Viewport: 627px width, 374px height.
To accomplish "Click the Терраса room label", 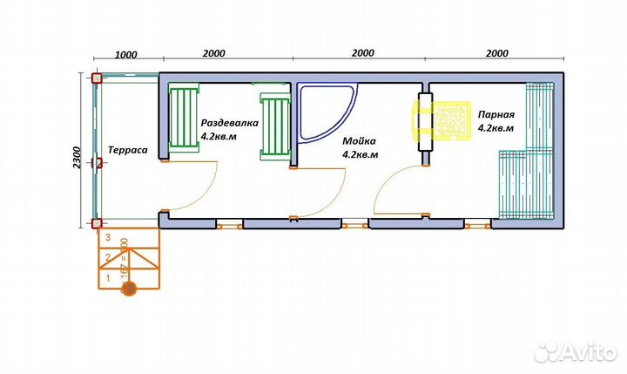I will [x=127, y=150].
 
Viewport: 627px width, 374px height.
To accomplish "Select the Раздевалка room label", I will [x=230, y=124].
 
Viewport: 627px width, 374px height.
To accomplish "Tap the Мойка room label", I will [x=359, y=140].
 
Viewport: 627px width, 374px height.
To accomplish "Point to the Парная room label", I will [x=496, y=114].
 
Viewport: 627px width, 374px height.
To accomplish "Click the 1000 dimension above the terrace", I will [x=126, y=53].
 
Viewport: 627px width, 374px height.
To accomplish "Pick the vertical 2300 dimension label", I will [x=79, y=156].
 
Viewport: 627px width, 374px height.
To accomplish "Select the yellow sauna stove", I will [x=442, y=120].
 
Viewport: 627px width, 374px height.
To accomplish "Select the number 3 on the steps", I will [x=107, y=236].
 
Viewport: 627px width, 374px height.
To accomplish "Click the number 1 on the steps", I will [x=107, y=278].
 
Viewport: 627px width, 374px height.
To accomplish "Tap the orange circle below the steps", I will [x=128, y=289].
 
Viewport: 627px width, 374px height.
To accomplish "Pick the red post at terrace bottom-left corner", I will [x=96, y=224].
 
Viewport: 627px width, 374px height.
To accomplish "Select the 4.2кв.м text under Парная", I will [x=496, y=128].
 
